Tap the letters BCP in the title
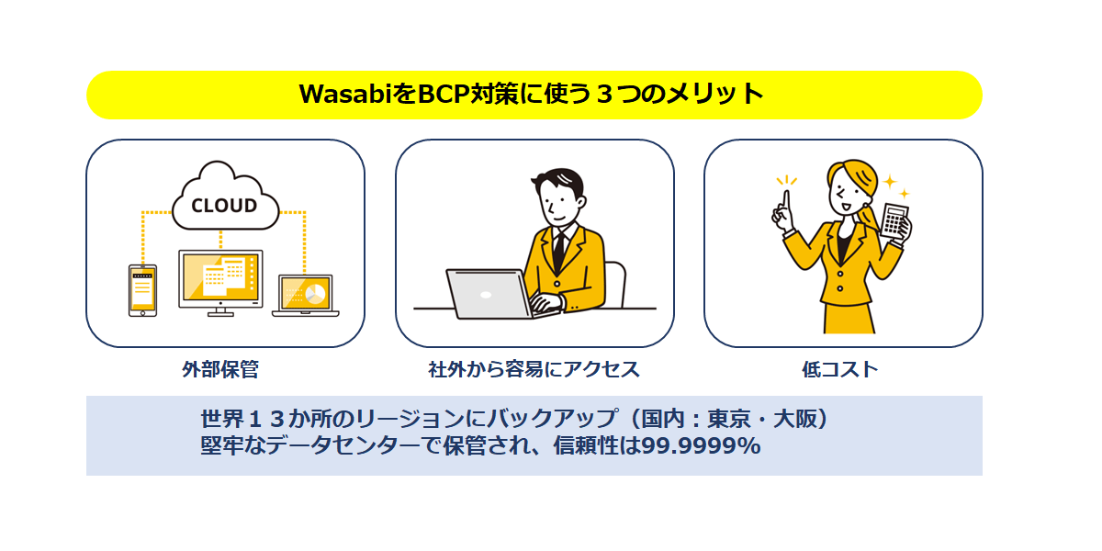coord(444,94)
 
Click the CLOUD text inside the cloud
coord(224,206)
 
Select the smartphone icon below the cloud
coord(142,290)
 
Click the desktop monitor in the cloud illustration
coord(220,283)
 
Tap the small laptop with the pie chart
coord(306,295)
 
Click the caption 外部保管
coord(219,369)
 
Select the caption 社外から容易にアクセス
coord(534,369)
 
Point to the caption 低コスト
coord(839,369)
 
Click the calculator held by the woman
coord(894,220)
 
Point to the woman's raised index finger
coord(787,203)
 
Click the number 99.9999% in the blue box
coord(702,445)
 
